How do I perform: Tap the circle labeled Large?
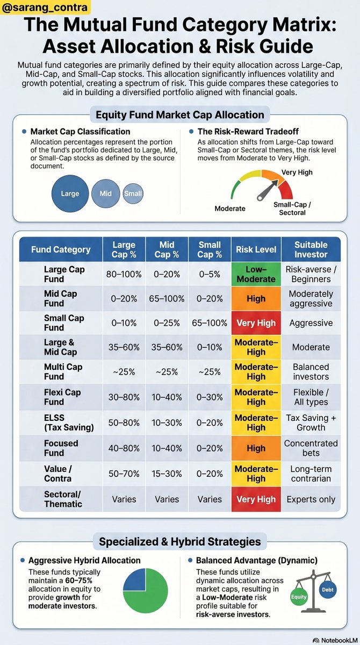(70, 193)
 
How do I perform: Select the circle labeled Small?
(133, 193)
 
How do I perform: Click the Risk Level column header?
(256, 249)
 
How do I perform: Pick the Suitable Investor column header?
(311, 249)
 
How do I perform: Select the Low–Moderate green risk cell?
(256, 274)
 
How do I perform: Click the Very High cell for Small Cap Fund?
(256, 323)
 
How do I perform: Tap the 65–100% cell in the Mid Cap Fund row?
(167, 299)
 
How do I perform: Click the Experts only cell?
(311, 499)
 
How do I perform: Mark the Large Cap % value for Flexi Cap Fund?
(124, 397)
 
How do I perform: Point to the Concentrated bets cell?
(311, 448)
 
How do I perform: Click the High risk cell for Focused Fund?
(256, 448)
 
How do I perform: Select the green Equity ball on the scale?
(298, 597)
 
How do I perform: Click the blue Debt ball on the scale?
(327, 589)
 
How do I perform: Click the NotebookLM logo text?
(332, 640)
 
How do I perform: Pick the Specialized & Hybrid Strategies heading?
(179, 541)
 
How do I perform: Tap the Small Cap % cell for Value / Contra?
(210, 474)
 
